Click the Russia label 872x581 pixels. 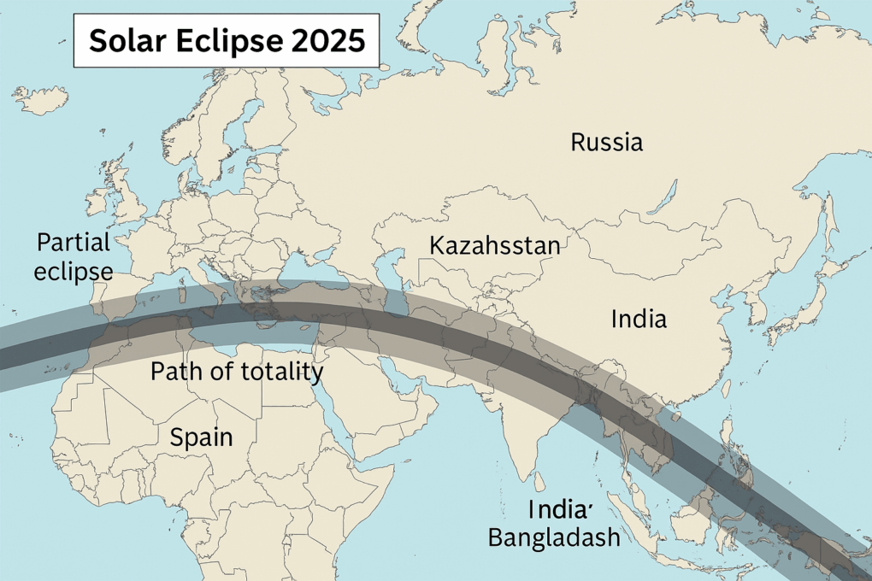click(606, 142)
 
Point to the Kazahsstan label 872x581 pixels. click(494, 246)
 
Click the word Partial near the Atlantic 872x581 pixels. click(74, 243)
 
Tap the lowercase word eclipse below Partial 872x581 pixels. click(74, 272)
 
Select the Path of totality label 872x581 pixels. click(237, 372)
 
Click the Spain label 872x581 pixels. click(201, 437)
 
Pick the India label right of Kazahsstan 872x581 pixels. click(639, 320)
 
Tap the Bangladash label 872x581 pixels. click(553, 538)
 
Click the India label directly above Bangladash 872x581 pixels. click(559, 509)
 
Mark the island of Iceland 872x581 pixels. click(40, 100)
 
